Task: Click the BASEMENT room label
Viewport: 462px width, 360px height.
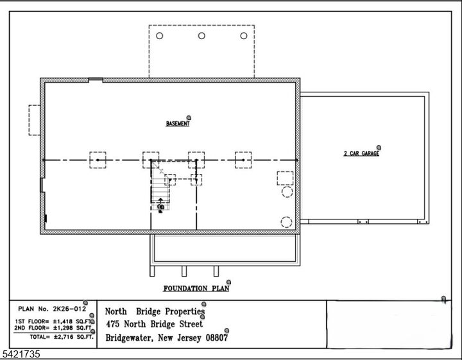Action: [178, 124]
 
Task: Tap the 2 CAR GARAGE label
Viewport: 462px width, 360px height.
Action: [361, 154]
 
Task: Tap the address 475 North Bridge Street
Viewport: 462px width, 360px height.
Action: [153, 324]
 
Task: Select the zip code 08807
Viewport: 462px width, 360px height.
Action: [214, 338]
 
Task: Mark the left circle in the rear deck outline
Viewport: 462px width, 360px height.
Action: [160, 36]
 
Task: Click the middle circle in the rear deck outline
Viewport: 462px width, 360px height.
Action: [201, 36]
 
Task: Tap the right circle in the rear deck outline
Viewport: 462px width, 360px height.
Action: [243, 36]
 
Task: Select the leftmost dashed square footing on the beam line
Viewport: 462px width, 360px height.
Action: [98, 160]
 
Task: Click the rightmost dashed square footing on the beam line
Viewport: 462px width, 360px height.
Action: [243, 160]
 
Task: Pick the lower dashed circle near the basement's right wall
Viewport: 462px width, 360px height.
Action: [286, 222]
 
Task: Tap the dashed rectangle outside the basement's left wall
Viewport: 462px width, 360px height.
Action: [34, 120]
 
